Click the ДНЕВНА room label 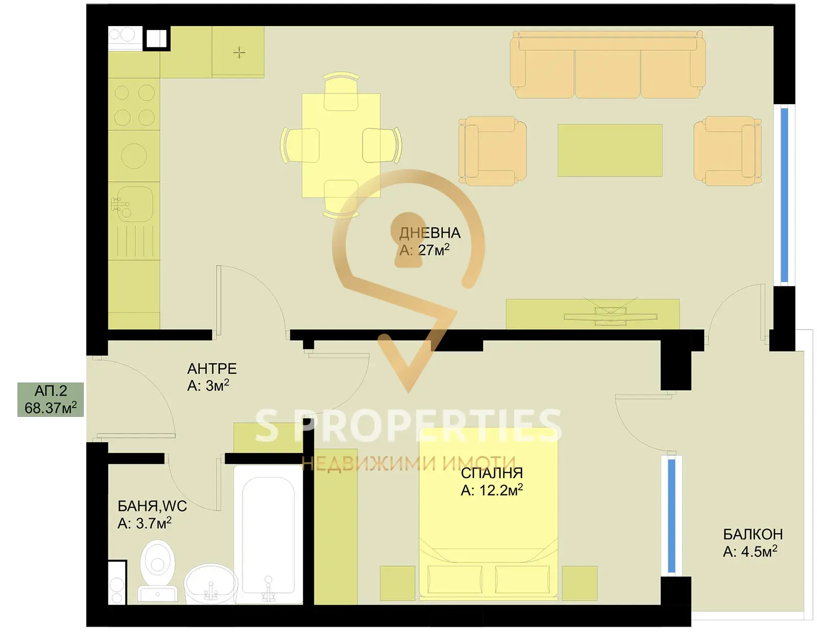(429, 233)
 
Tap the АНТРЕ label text (212, 369)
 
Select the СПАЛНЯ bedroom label (492, 473)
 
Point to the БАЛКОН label (753, 535)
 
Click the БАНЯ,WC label (152, 506)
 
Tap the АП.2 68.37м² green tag (51, 399)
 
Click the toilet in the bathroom (157, 569)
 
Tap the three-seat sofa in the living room (608, 65)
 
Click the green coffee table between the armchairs (610, 150)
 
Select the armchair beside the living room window (727, 151)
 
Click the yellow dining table (341, 145)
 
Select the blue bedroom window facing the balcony (671, 515)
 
